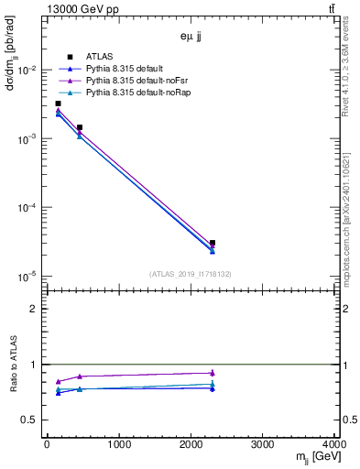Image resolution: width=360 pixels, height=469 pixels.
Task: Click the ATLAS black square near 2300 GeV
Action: point(213,243)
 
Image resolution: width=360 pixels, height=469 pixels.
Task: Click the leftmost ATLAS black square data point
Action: point(58,104)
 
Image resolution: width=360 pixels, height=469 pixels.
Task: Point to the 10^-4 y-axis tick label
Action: point(28,208)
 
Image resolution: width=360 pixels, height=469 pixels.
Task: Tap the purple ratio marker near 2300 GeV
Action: point(213,373)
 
